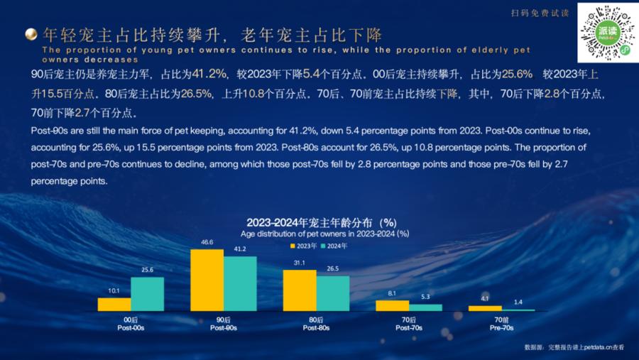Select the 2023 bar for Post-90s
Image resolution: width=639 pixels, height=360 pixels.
click(x=207, y=280)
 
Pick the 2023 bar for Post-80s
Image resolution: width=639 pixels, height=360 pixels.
click(x=300, y=290)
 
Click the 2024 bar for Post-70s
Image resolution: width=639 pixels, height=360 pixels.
click(x=425, y=307)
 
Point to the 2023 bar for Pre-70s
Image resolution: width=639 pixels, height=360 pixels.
click(x=485, y=308)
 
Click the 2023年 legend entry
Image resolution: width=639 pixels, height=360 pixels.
click(x=303, y=246)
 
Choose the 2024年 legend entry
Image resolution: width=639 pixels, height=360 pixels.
click(x=334, y=246)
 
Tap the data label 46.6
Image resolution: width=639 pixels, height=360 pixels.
click(x=207, y=242)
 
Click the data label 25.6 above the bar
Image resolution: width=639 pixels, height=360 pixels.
click(x=147, y=271)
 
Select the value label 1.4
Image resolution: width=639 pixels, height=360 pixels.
click(x=518, y=302)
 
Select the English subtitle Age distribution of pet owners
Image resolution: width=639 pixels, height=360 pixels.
click(x=324, y=233)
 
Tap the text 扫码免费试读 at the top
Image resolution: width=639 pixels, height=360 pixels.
click(x=540, y=13)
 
